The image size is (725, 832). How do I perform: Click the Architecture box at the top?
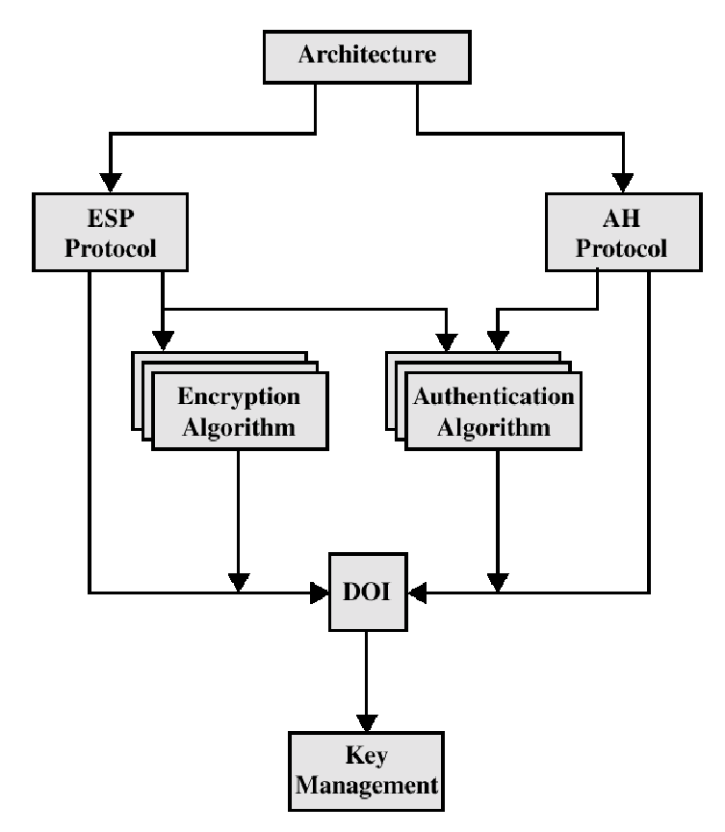tap(366, 55)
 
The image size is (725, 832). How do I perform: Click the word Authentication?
tap(493, 397)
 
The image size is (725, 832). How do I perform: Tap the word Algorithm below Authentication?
tap(493, 427)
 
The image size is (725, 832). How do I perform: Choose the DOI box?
tap(366, 591)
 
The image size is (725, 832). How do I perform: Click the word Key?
tap(366, 754)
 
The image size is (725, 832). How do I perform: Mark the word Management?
tap(366, 784)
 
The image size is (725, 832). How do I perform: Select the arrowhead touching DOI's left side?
tap(319, 592)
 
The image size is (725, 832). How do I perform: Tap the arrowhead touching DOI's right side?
tap(415, 592)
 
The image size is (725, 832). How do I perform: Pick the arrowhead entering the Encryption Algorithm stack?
tap(164, 339)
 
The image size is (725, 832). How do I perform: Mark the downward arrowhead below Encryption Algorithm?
tap(238, 581)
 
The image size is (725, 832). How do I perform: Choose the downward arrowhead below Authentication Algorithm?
tap(497, 581)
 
